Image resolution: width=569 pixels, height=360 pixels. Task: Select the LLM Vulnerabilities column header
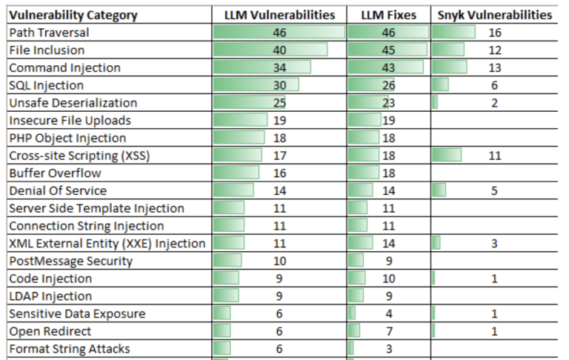279,15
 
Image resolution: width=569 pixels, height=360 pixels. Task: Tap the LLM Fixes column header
388,15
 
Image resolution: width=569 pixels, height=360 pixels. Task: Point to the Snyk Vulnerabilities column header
494,15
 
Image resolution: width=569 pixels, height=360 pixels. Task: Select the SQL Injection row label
46,85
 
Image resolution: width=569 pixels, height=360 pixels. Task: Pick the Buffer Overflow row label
55,173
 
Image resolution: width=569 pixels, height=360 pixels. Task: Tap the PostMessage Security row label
70,261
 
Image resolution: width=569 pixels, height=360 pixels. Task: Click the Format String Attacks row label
69,349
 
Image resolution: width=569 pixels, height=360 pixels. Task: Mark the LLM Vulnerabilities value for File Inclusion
279,50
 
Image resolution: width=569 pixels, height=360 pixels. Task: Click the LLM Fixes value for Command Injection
388,67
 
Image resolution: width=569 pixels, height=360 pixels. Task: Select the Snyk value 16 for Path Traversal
494,33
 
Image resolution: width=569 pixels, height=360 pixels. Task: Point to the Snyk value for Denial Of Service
494,190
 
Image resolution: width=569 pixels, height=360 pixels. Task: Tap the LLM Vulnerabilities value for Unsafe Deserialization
279,103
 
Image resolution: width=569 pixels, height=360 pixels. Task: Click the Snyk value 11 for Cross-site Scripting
494,156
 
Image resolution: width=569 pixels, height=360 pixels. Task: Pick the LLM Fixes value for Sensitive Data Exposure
388,313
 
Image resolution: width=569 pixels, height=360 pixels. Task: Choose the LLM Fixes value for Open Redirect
388,331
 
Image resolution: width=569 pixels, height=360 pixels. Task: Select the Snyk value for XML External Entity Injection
494,243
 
